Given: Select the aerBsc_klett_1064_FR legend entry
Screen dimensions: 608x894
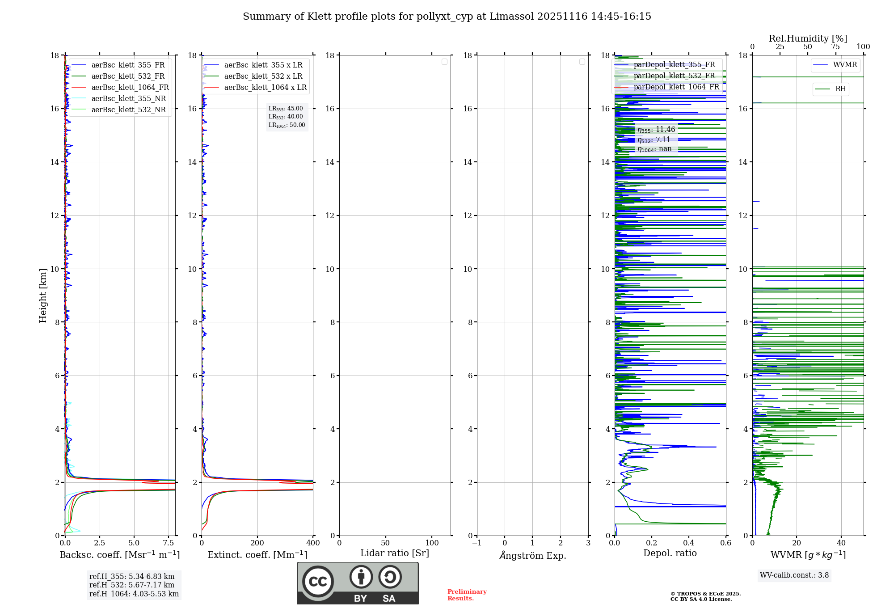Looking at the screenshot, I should point(130,88).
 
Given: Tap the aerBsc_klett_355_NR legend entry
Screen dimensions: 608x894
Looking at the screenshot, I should point(128,99).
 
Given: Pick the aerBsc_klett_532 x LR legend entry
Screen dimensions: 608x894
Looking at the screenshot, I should point(263,76).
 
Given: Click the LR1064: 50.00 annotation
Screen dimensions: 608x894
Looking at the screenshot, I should point(287,125).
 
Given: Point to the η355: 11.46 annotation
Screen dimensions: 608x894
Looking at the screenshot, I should point(656,130).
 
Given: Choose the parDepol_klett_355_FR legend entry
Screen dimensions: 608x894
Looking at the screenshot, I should point(674,65).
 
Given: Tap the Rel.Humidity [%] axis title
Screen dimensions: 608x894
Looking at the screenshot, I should point(808,38).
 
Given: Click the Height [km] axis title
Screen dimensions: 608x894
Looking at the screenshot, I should point(43,296).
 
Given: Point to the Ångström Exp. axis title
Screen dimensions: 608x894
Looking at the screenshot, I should point(532,555).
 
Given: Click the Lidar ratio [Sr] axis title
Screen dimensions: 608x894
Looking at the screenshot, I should point(394,553).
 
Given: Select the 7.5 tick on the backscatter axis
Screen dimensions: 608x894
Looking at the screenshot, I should point(168,543).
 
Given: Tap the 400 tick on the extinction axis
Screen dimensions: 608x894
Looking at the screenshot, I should point(313,543).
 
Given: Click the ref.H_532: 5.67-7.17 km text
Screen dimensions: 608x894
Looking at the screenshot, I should point(131,585).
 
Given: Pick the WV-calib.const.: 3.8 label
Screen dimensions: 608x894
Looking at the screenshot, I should point(794,575).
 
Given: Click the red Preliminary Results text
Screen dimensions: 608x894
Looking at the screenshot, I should point(467,595).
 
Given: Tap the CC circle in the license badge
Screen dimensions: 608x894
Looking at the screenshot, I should point(318,582).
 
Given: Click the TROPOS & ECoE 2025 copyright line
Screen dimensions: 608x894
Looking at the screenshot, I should point(705,594).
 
